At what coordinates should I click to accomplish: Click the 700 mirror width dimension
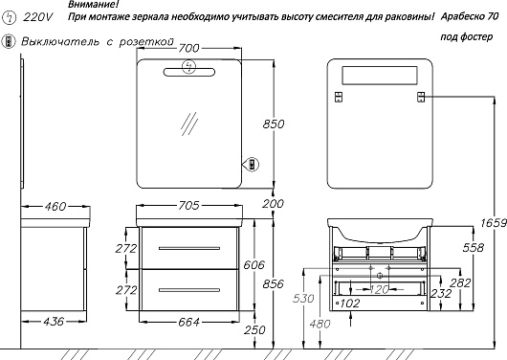click(x=188, y=49)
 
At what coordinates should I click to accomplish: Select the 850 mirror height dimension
click(x=274, y=124)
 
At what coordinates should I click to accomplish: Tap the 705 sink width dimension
click(x=188, y=206)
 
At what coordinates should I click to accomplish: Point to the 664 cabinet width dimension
click(x=188, y=322)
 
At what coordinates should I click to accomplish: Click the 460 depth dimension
click(x=55, y=206)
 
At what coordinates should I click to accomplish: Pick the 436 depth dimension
click(x=54, y=322)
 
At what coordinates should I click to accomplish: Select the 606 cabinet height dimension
click(x=253, y=265)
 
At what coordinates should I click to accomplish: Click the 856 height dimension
click(x=274, y=284)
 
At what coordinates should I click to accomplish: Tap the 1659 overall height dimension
click(x=494, y=223)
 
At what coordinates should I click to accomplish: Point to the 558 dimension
click(x=474, y=248)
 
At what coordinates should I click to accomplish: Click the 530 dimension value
click(x=303, y=298)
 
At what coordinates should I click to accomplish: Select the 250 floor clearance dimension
click(x=254, y=330)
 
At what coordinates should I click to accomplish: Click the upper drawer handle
click(x=189, y=248)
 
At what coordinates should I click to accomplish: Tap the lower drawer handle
click(x=189, y=290)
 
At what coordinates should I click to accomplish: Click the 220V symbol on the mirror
click(x=188, y=67)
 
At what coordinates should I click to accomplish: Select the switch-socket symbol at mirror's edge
click(x=253, y=164)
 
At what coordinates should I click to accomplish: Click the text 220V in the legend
click(x=37, y=17)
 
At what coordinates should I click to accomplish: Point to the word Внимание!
click(x=94, y=4)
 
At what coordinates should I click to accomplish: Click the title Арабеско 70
click(x=470, y=16)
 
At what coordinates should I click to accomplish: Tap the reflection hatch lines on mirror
click(x=189, y=124)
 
